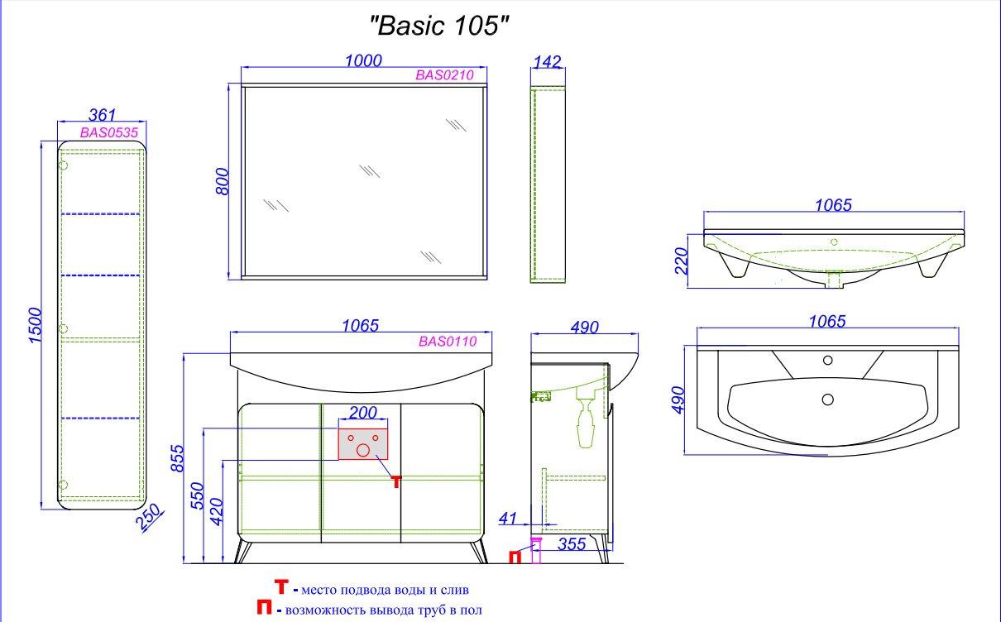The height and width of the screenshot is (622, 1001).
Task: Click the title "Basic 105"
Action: (x=439, y=26)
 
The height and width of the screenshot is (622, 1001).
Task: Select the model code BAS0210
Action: (x=444, y=75)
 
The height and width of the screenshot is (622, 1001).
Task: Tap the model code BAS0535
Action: (x=109, y=132)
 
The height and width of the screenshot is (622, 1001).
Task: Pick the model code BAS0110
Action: (x=448, y=342)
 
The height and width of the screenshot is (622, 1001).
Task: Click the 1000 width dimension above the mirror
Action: (x=363, y=60)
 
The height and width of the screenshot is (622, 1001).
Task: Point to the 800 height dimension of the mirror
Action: (x=222, y=181)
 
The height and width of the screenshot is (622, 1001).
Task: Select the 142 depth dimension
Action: (x=548, y=62)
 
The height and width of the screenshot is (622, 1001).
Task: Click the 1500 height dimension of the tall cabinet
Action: (x=35, y=325)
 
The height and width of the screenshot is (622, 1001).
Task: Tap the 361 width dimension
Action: (x=103, y=115)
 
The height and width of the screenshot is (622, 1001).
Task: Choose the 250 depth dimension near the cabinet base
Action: (x=149, y=517)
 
